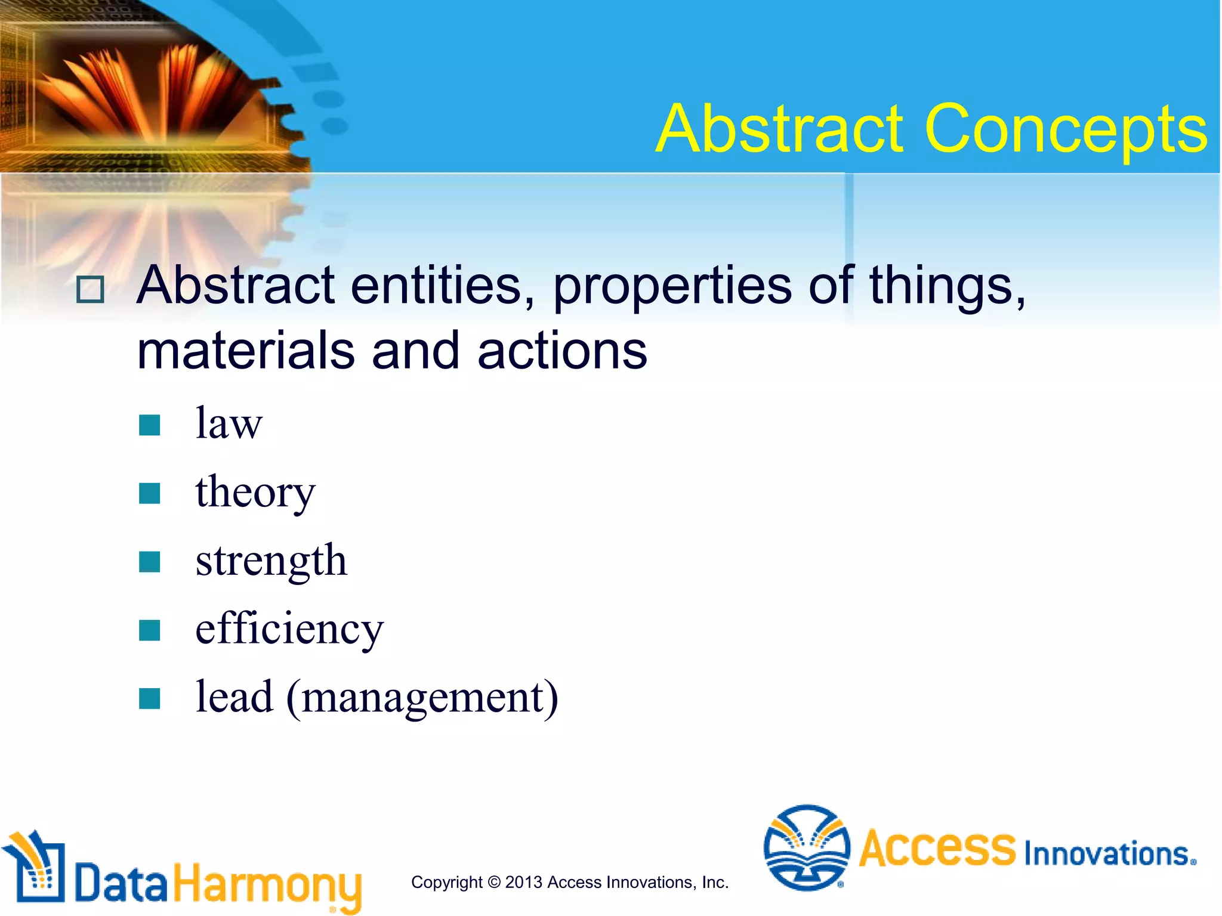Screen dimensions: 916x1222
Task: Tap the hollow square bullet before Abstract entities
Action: point(90,290)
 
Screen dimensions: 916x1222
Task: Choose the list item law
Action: point(229,423)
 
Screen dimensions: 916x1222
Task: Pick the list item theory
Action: point(255,493)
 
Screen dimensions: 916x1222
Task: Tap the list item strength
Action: point(271,561)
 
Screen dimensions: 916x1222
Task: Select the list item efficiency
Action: point(289,629)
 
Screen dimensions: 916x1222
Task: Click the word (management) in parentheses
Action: point(422,698)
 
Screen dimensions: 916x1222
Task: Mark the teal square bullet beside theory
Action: point(149,494)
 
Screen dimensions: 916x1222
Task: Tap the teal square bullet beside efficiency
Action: point(149,630)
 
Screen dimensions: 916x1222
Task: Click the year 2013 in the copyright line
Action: point(523,883)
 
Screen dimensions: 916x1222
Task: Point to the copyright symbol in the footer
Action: point(493,883)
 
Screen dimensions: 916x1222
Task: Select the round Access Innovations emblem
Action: point(807,847)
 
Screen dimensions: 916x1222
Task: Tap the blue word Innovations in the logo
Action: point(1109,854)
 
